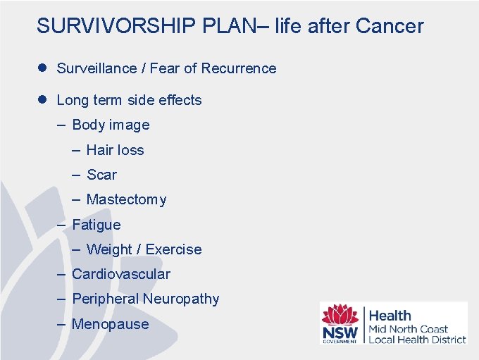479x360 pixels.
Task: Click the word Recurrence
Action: pyautogui.click(x=239, y=68)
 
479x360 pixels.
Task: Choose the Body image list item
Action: pyautogui.click(x=111, y=125)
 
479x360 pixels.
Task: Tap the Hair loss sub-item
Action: pyautogui.click(x=115, y=150)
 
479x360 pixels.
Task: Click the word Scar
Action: pyautogui.click(x=101, y=175)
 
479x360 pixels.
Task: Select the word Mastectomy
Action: pyautogui.click(x=126, y=200)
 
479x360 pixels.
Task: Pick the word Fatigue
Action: pyautogui.click(x=97, y=225)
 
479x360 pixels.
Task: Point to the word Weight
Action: pyautogui.click(x=109, y=249)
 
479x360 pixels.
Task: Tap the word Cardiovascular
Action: pyautogui.click(x=121, y=274)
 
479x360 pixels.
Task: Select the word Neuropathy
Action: pyautogui.click(x=181, y=299)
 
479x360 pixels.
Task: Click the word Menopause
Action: pyautogui.click(x=111, y=324)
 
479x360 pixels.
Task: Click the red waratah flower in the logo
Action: pyautogui.click(x=340, y=315)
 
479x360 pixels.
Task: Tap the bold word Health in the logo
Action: pyautogui.click(x=390, y=316)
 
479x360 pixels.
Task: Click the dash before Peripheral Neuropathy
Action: pyautogui.click(x=62, y=299)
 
